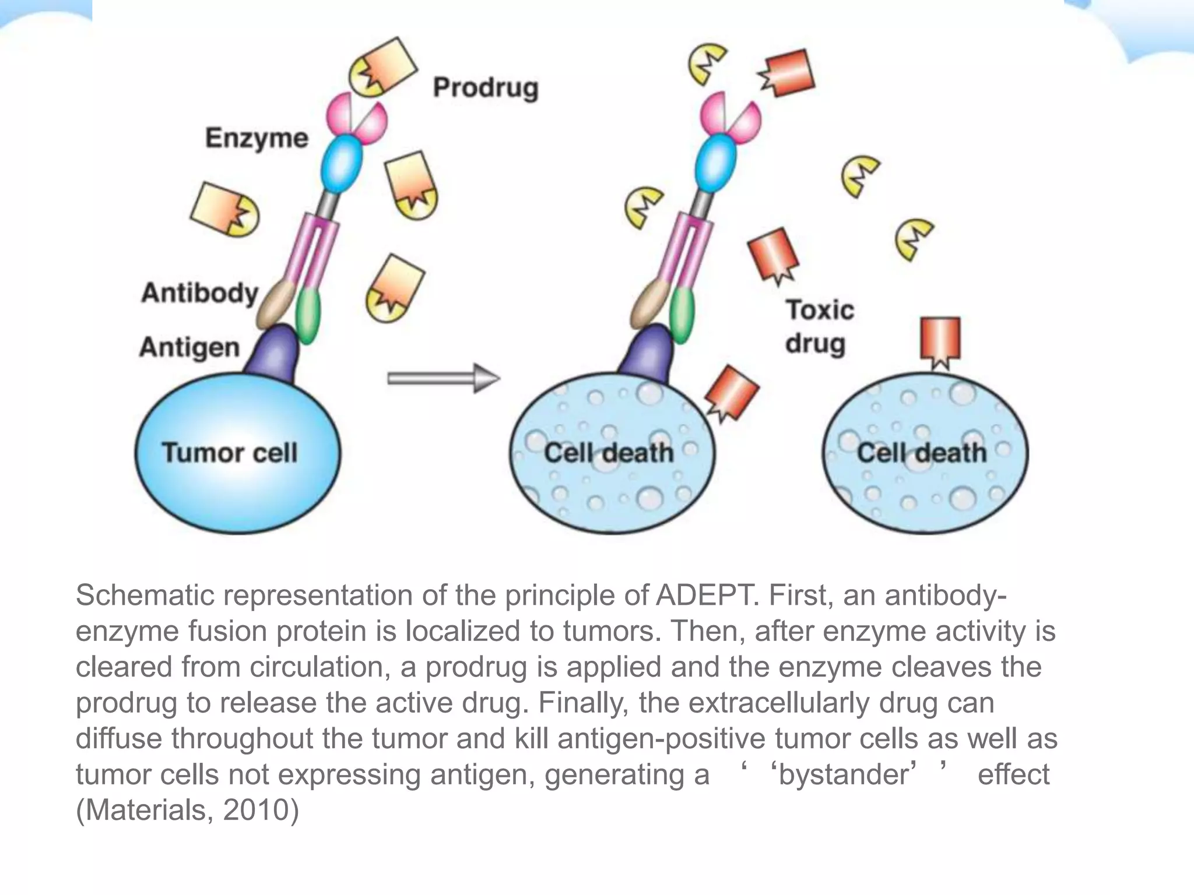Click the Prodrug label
[x=485, y=88]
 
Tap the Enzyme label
[x=257, y=139]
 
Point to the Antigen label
[x=189, y=348]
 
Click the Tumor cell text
[x=230, y=453]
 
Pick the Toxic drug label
[x=819, y=326]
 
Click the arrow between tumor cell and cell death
[x=443, y=379]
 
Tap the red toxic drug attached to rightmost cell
[x=940, y=341]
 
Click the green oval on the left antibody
[x=308, y=314]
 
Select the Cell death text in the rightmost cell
[x=922, y=453]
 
